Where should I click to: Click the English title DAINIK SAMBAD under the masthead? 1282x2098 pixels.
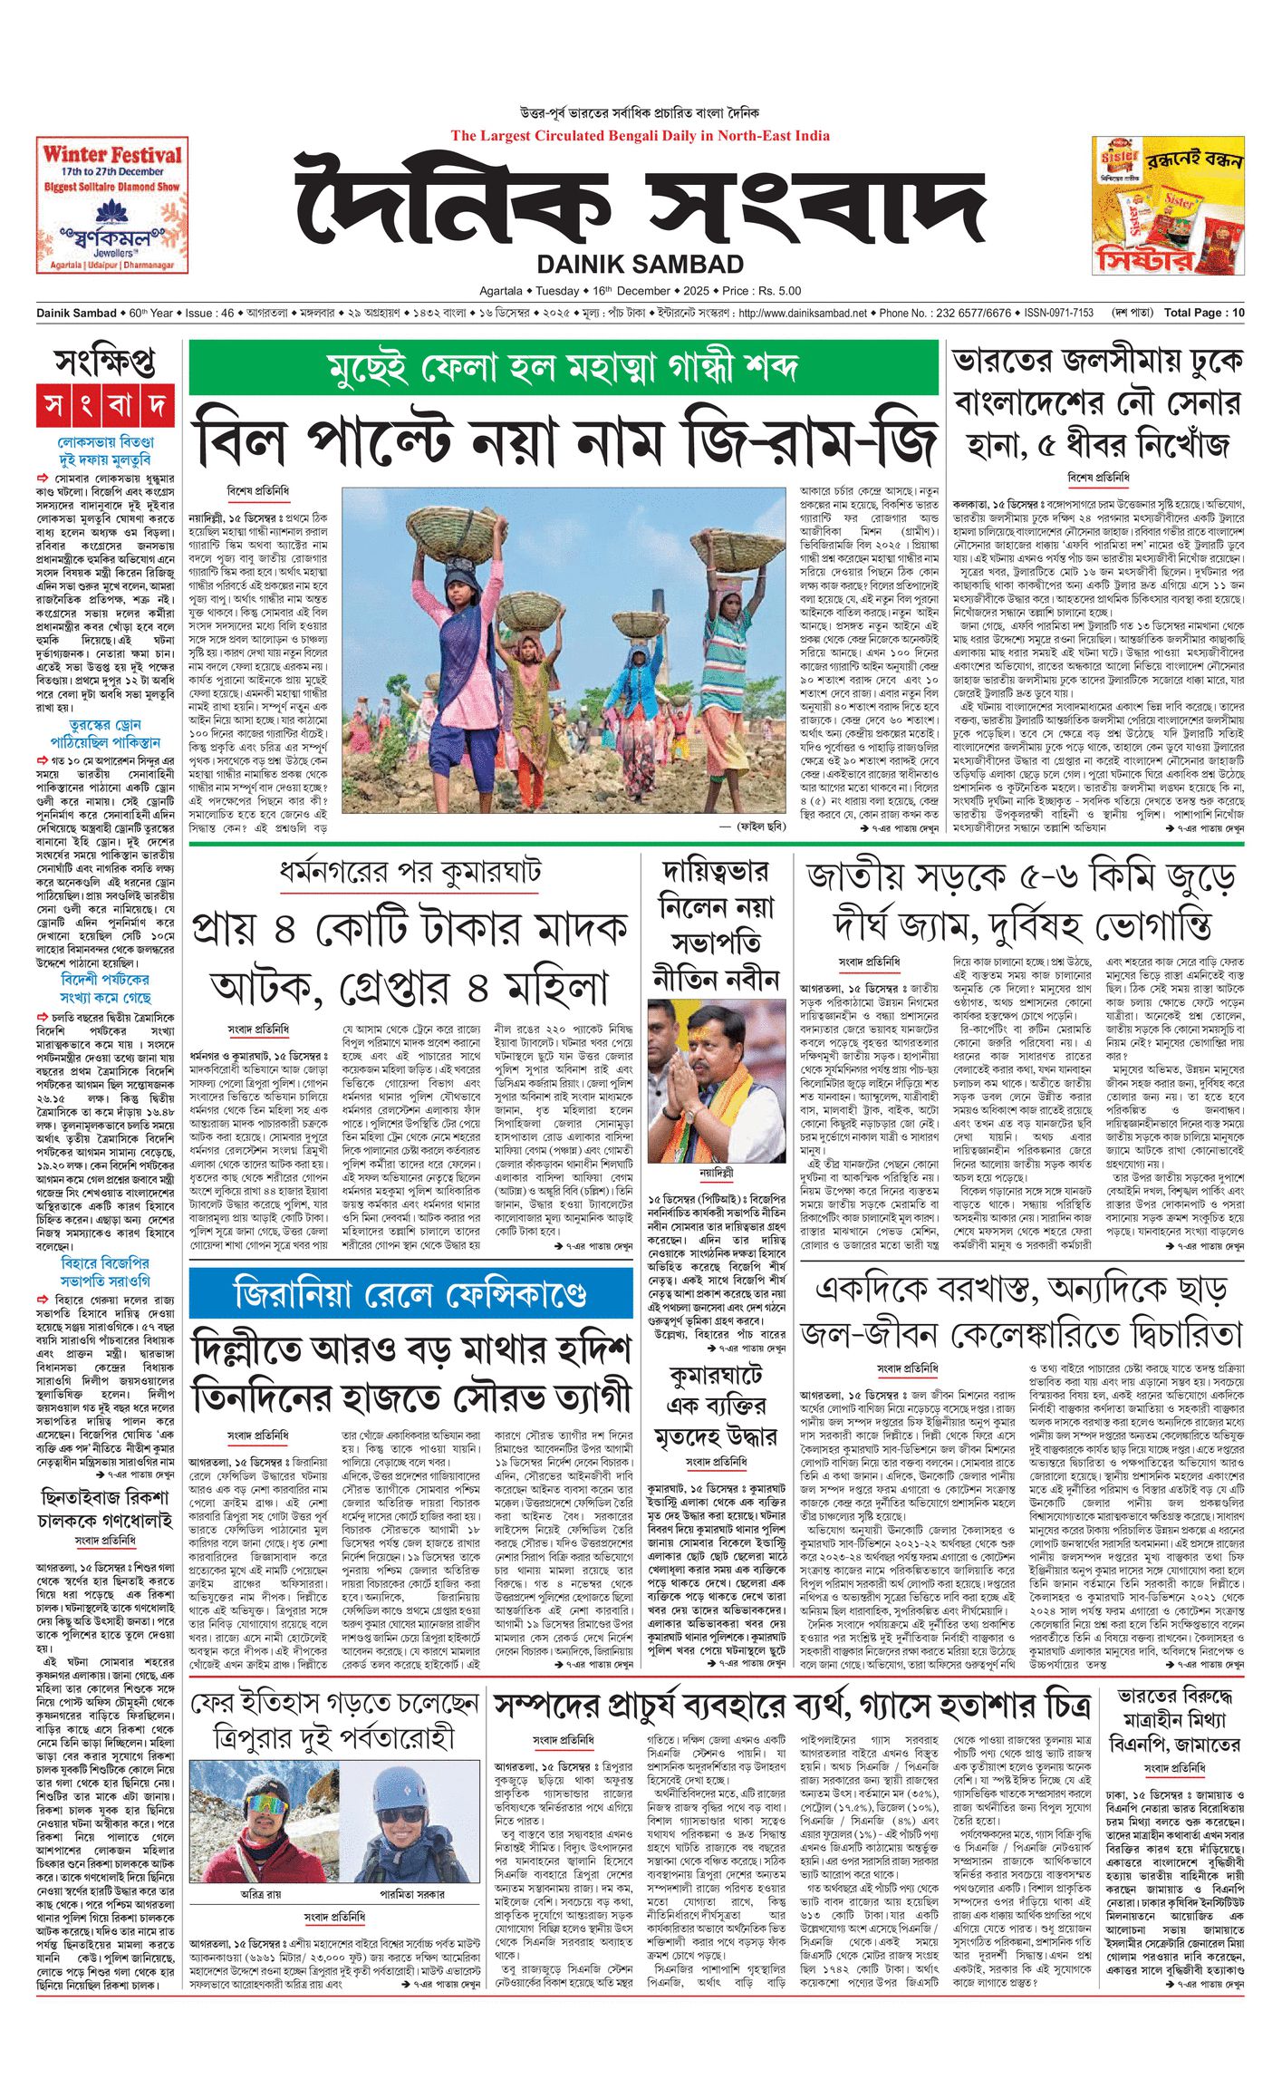tap(640, 264)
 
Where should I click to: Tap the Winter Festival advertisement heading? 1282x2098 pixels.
tap(112, 155)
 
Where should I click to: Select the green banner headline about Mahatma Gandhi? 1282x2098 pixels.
tap(563, 368)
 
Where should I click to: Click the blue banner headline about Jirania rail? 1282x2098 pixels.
tap(410, 1293)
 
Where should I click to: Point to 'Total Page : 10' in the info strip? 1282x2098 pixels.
tap(1204, 313)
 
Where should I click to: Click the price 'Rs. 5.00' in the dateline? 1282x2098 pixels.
tap(779, 291)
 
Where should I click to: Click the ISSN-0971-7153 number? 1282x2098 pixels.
tap(1058, 313)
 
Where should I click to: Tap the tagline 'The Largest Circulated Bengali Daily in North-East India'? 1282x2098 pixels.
tap(640, 136)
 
